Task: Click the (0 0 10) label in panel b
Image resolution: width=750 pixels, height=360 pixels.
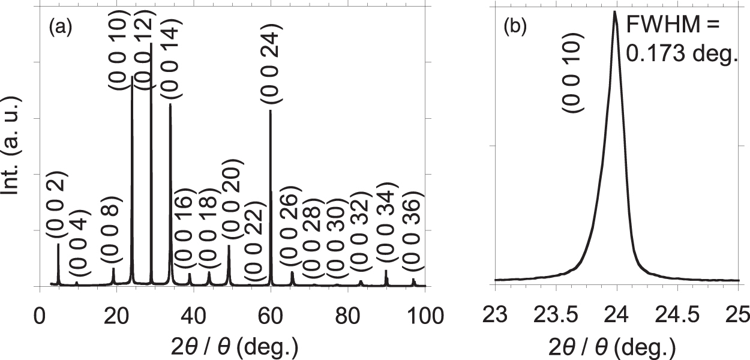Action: [x=572, y=76]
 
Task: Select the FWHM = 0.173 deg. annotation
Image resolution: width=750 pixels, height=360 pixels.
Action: [x=680, y=40]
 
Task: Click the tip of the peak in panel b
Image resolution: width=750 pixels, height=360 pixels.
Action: [x=615, y=11]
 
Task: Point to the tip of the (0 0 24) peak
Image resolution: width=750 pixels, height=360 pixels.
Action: [x=271, y=110]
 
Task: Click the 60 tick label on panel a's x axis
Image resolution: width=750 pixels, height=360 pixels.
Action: [x=271, y=314]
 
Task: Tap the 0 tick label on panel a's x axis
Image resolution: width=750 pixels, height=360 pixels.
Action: [x=40, y=314]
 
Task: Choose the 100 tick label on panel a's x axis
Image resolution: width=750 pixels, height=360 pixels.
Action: [x=424, y=314]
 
